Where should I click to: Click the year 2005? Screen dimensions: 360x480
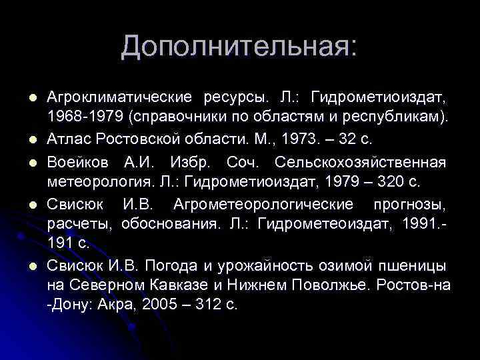158,305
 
